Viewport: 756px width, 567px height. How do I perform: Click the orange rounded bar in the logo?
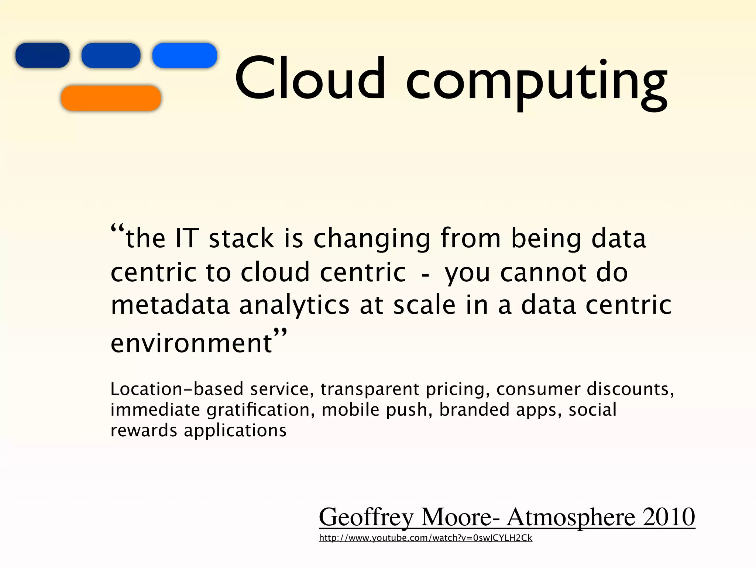(111, 98)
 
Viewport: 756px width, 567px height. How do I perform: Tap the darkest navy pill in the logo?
(42, 55)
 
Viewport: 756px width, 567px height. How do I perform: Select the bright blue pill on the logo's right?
(185, 55)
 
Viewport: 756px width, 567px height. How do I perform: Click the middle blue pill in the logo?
(111, 55)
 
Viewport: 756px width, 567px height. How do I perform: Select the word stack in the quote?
(241, 238)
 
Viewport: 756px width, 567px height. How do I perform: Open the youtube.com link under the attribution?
(425, 538)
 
